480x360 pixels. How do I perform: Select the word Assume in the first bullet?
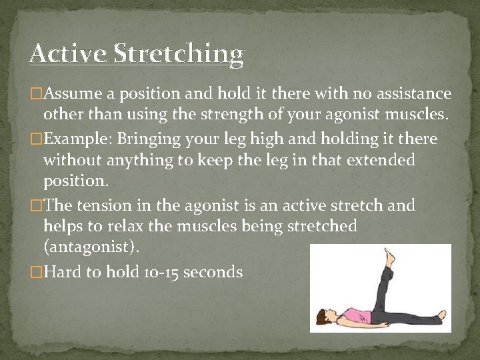pyautogui.click(x=68, y=94)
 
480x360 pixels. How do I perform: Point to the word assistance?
pyautogui.click(x=410, y=94)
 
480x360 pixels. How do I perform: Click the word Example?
pyautogui.click(x=73, y=139)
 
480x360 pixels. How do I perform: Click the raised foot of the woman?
pyautogui.click(x=389, y=254)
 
